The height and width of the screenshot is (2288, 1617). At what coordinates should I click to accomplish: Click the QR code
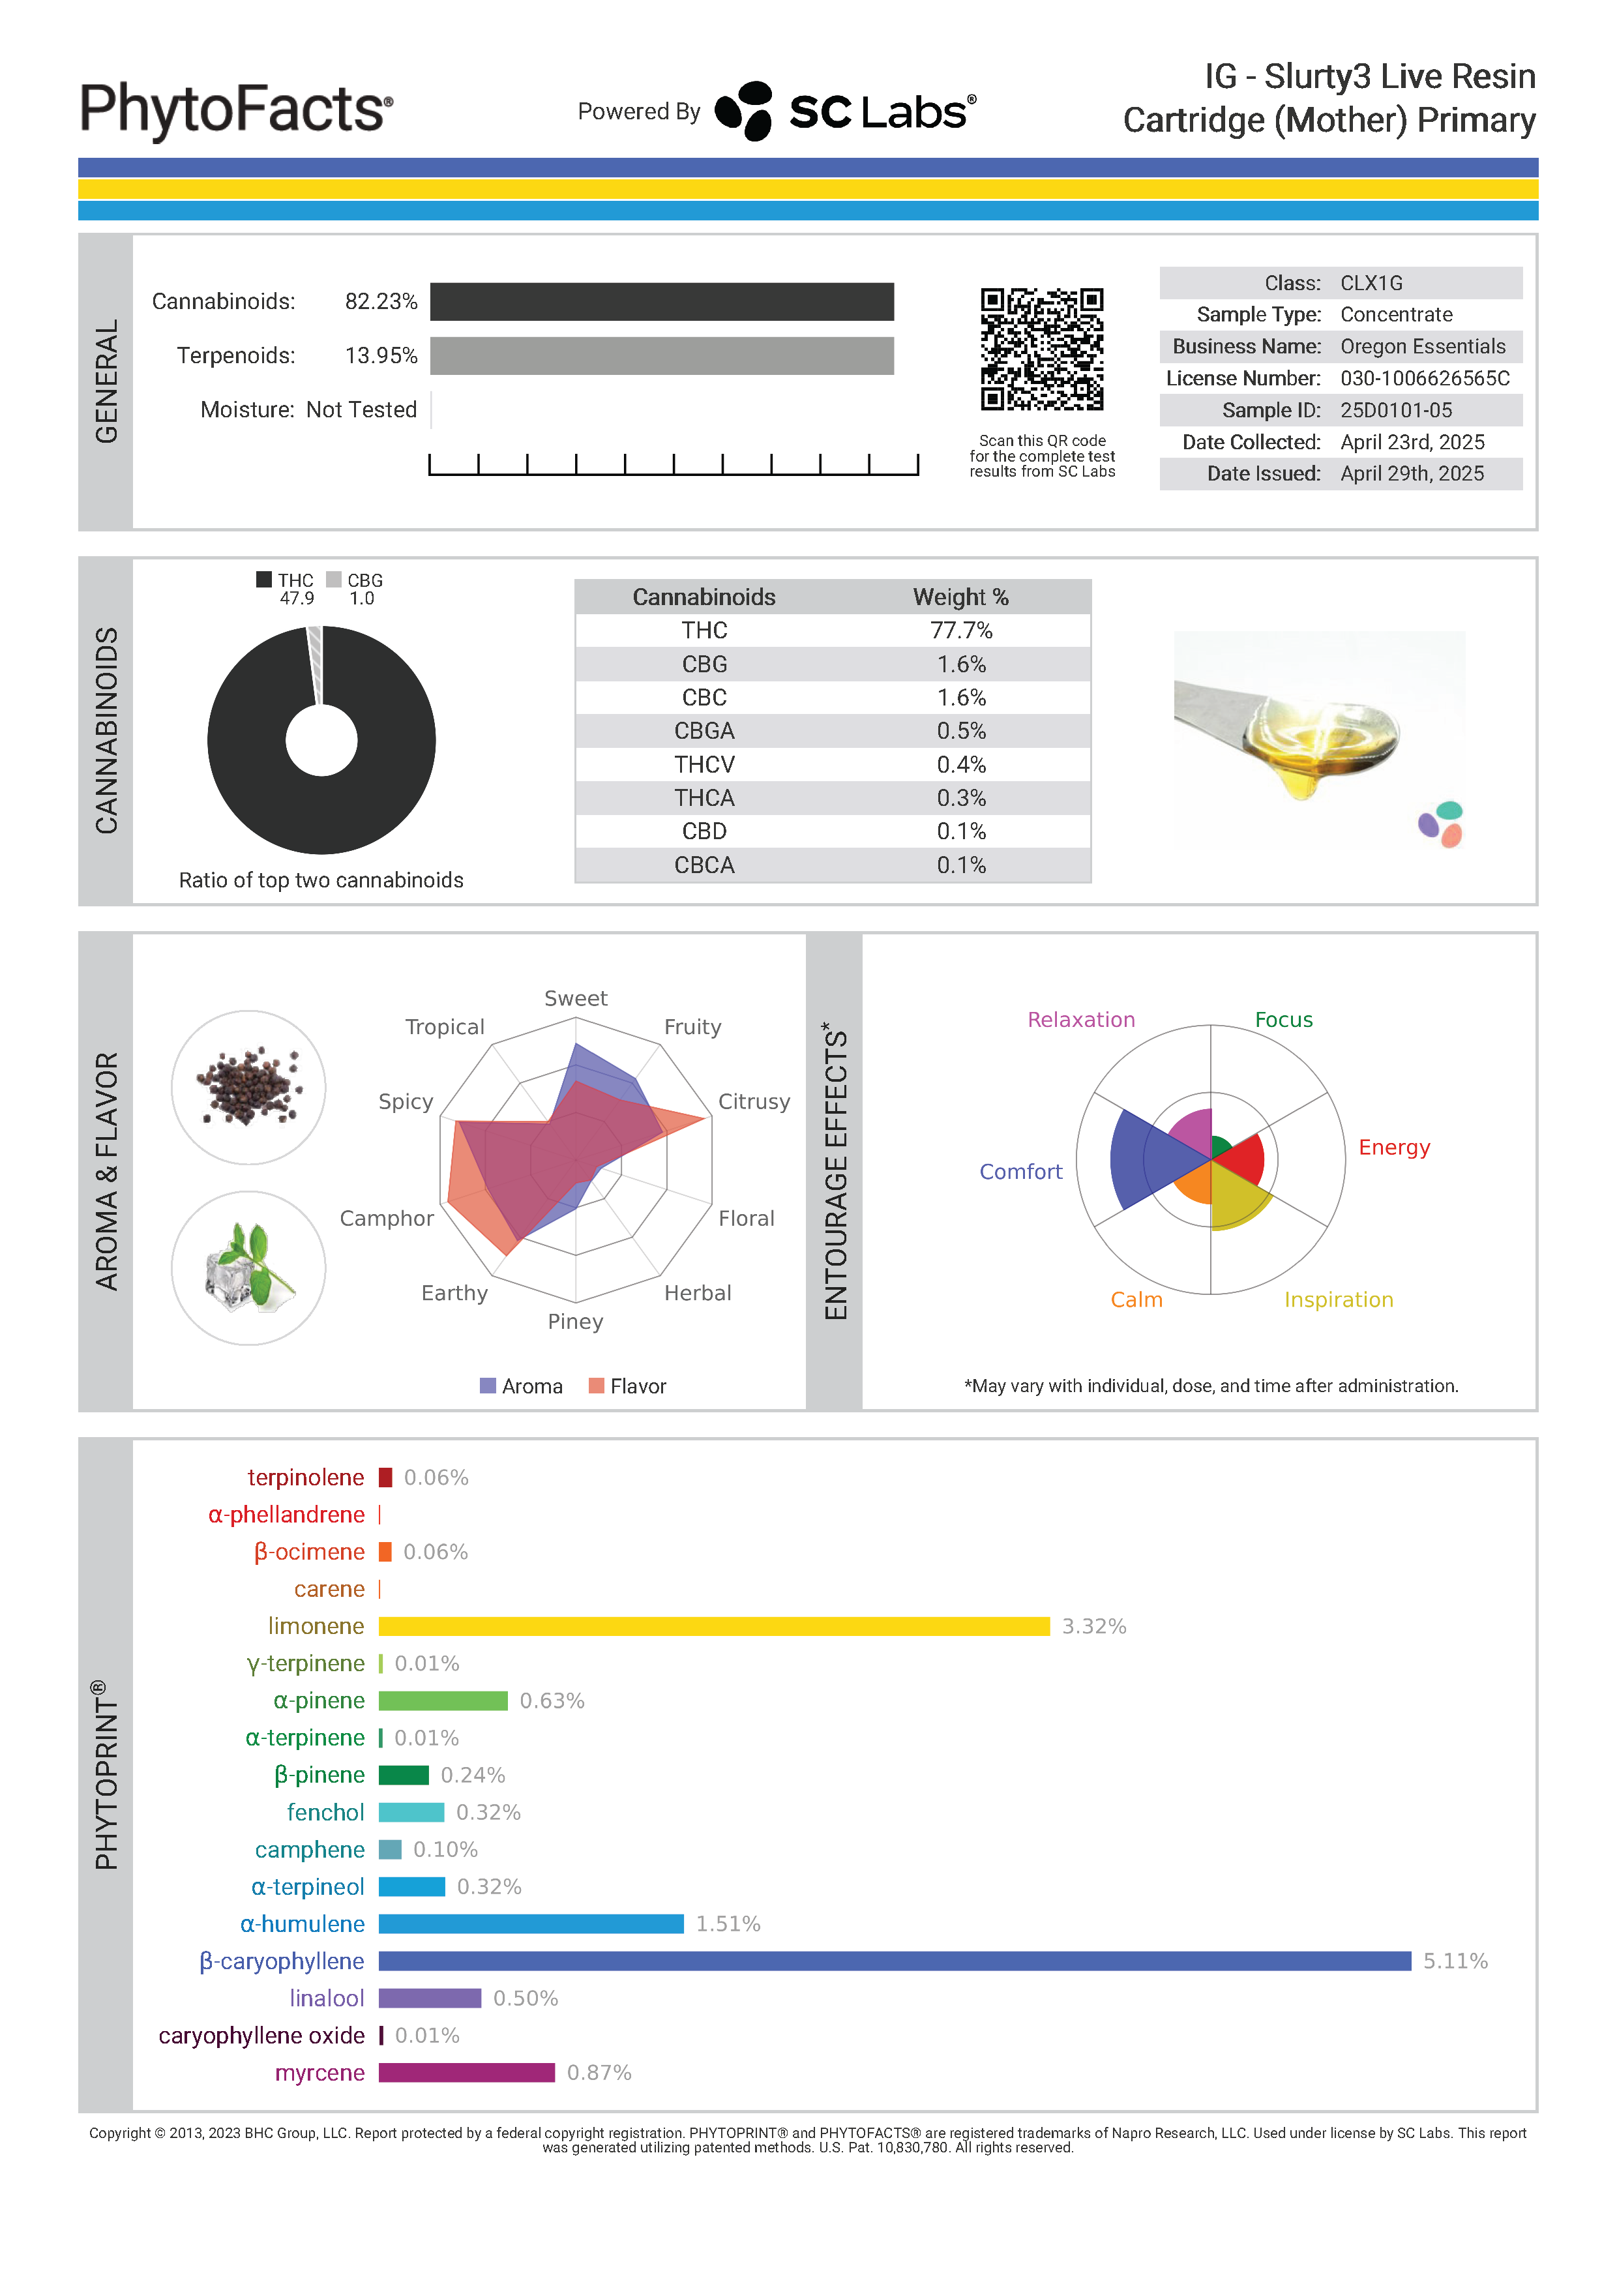tap(1041, 349)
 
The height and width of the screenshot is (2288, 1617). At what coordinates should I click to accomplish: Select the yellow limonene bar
tap(713, 1626)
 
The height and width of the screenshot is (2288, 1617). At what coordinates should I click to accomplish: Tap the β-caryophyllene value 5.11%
tap(1455, 1961)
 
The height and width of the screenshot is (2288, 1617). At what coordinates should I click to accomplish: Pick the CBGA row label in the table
tap(704, 732)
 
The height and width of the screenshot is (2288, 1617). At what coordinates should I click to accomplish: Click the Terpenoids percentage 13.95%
tap(381, 356)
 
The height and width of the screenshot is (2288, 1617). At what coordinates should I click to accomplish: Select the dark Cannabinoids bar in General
tap(662, 302)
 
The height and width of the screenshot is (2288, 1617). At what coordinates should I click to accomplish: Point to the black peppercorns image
tap(249, 1086)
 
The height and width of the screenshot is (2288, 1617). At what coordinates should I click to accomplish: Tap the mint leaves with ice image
tap(249, 1268)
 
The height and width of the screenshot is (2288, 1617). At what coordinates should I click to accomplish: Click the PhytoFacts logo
tap(236, 110)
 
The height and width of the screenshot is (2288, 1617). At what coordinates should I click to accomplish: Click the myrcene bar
tap(466, 2073)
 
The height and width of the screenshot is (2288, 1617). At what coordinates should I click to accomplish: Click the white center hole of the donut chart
tap(321, 741)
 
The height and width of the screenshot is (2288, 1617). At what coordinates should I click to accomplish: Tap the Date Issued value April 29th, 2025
tap(1411, 474)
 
